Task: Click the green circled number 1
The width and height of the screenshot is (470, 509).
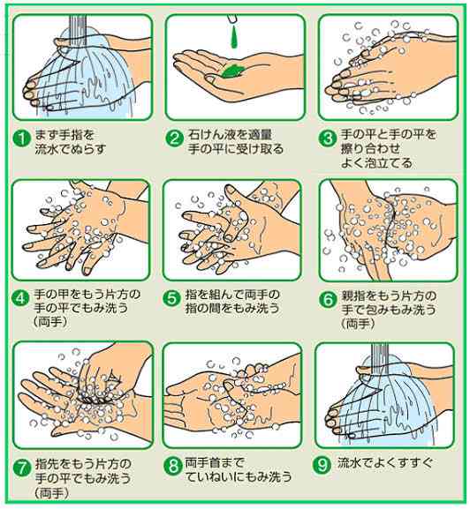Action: [x=19, y=138]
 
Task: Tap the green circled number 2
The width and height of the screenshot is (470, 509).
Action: [x=174, y=138]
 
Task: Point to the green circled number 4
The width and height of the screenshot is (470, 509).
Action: [x=19, y=296]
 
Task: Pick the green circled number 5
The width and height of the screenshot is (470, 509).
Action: [x=174, y=296]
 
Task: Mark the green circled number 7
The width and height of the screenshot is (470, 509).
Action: [x=19, y=466]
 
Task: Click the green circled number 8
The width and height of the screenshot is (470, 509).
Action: [x=174, y=466]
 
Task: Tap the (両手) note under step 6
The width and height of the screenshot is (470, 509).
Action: [x=358, y=324]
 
